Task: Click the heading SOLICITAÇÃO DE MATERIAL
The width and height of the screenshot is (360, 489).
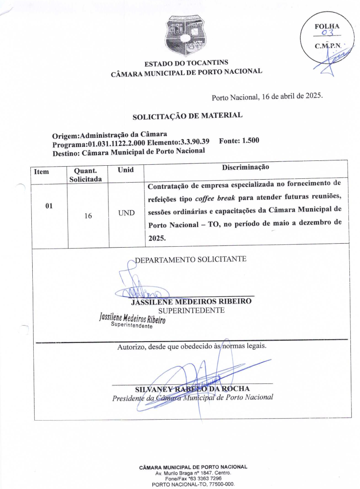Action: point(187,116)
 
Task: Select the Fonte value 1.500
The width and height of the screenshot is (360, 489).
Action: point(250,141)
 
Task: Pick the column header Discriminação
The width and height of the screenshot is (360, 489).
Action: point(245,167)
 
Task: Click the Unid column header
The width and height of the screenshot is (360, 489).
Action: point(125,170)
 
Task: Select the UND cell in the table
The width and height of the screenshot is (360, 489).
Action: point(126,213)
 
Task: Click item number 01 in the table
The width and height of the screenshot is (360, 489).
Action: point(49,206)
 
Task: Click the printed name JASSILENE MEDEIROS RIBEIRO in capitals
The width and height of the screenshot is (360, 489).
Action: point(191,302)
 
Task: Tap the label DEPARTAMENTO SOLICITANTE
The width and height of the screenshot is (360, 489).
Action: point(191,260)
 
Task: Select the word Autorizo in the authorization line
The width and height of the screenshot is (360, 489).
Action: point(132,346)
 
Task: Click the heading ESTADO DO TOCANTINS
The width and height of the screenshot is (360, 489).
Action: point(187,63)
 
